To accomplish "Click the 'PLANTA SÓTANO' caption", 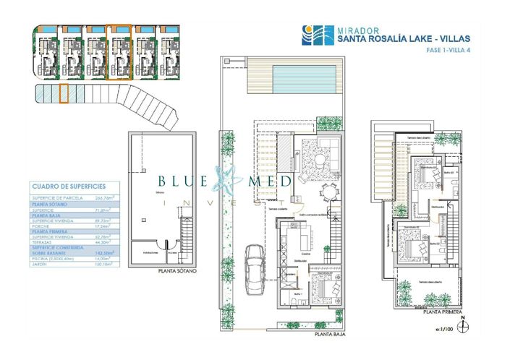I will pos(177,273).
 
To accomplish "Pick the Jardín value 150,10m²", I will pos(106,264).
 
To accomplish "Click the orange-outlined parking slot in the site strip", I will pos(63,93).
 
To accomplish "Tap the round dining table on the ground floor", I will pos(330,192).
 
